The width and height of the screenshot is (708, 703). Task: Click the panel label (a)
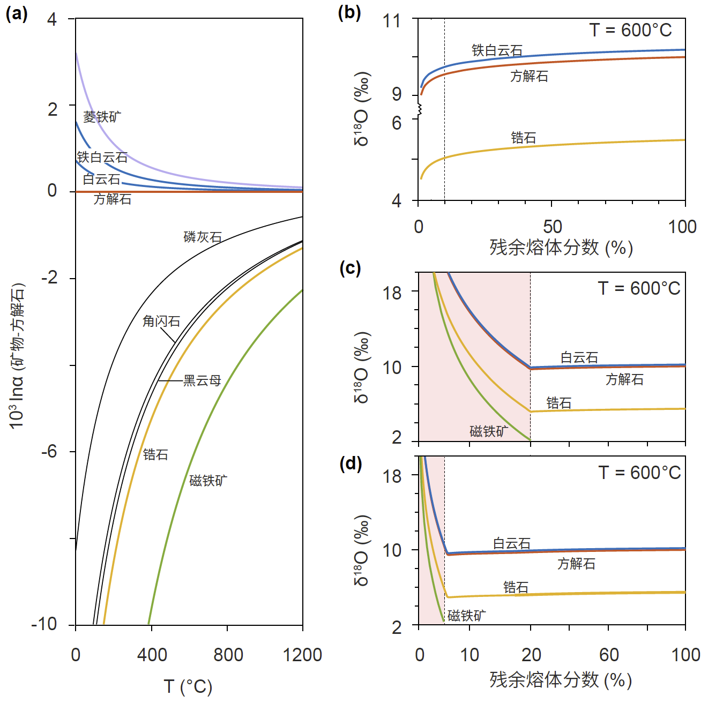click(x=17, y=13)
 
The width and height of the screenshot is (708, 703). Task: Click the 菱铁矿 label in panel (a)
click(x=102, y=116)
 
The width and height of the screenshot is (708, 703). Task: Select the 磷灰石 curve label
click(x=203, y=237)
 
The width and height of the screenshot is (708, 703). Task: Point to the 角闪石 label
click(x=161, y=321)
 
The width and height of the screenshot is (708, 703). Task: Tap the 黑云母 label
click(x=202, y=380)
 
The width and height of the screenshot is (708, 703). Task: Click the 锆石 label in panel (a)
click(x=155, y=454)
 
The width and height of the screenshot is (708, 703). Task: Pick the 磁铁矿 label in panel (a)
click(x=208, y=480)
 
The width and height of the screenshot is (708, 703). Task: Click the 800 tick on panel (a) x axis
click(x=228, y=654)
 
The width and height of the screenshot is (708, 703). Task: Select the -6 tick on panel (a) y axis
click(x=49, y=451)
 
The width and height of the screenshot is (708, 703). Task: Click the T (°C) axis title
click(x=188, y=686)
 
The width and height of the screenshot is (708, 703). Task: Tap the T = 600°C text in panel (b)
click(x=630, y=30)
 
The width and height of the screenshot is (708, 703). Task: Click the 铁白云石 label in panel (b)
click(x=497, y=50)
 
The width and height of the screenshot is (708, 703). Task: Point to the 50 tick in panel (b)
click(x=552, y=226)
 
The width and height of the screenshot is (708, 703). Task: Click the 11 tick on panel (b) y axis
click(x=392, y=21)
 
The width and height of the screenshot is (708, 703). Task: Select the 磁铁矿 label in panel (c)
click(x=489, y=431)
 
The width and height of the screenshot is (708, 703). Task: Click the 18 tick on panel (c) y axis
click(x=392, y=293)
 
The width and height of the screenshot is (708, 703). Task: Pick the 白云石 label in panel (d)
click(x=512, y=543)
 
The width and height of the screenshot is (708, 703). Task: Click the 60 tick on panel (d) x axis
click(x=609, y=654)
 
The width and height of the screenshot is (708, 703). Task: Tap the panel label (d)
click(x=351, y=463)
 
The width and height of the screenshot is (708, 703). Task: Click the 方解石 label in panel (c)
click(x=624, y=379)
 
